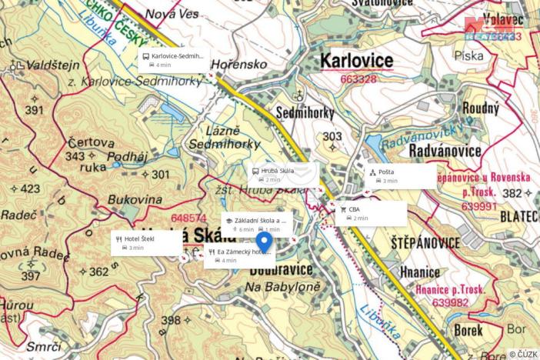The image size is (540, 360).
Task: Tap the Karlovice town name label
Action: [x=355, y=60]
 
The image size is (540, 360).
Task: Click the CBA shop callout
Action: [x=368, y=213]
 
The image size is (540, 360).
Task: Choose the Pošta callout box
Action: [x=401, y=176]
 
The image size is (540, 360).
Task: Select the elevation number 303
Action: [x=332, y=136]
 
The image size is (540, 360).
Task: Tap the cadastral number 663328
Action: [x=358, y=78]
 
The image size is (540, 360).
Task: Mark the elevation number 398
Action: [x=171, y=320]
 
